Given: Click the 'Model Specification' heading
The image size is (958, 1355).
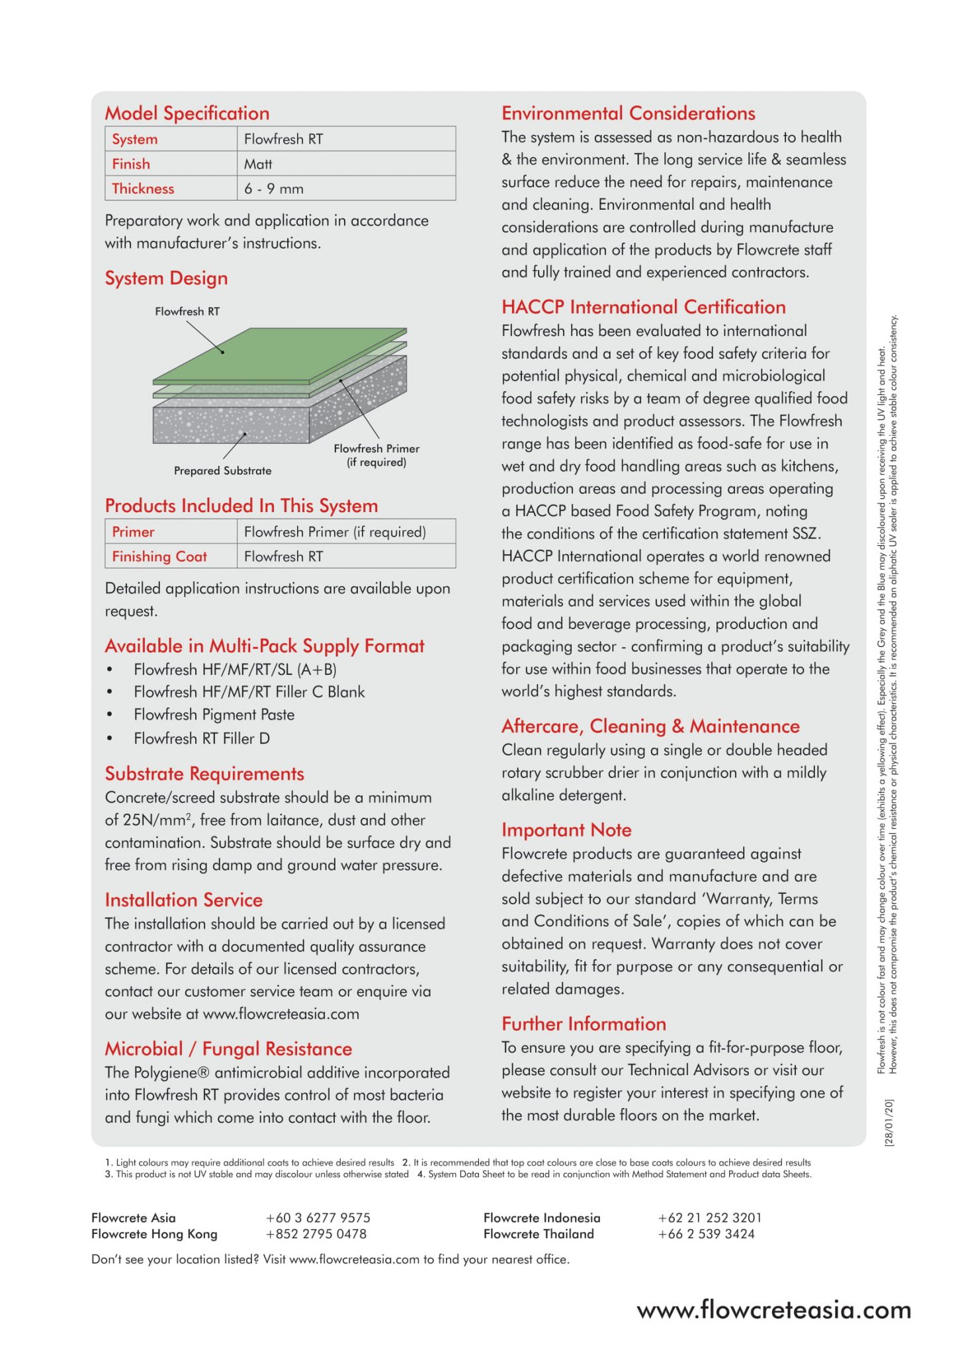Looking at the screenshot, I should tap(187, 113).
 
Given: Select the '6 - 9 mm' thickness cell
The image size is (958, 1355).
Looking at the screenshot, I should tap(274, 189).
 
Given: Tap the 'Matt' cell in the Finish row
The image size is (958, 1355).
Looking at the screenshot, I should tap(258, 164).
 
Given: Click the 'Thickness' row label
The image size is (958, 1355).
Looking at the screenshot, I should tap(143, 189).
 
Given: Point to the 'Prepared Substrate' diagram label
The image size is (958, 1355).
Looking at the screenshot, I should tap(222, 470).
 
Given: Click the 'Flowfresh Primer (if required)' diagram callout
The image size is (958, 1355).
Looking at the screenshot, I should tap(376, 455).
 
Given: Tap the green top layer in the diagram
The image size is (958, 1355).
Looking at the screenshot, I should tap(278, 354).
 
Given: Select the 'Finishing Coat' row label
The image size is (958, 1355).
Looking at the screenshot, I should tap(159, 556).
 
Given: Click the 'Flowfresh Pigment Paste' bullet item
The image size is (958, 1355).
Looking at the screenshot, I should tap(214, 715).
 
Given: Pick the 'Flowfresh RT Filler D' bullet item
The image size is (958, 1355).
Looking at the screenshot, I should tap(202, 738).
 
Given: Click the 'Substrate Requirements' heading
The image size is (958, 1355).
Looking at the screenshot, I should tap(204, 773).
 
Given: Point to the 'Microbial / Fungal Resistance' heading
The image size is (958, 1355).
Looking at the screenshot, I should tap(228, 1049).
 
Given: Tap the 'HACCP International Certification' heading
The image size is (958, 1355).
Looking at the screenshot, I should tap(644, 307).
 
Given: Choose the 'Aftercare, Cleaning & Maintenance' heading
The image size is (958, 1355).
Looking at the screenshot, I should tap(650, 726).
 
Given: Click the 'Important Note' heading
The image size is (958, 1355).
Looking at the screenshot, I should tap(566, 830).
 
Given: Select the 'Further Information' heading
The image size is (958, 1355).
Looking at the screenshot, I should tap(584, 1024).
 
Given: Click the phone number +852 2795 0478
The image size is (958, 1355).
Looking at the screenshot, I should tap(316, 1234).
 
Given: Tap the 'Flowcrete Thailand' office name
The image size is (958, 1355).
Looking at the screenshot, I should tap(539, 1234).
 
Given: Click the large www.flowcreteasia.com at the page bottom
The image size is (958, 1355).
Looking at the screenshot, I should tap(774, 1310).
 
